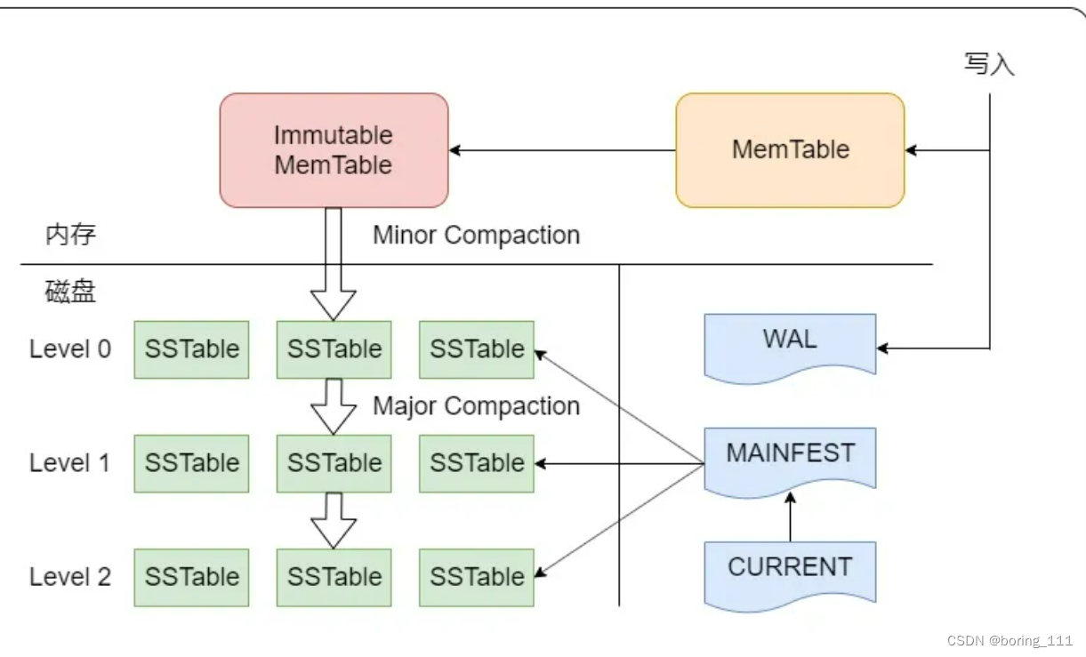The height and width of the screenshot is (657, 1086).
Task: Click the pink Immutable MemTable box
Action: [334, 150]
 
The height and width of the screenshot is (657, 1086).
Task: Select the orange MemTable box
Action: [790, 150]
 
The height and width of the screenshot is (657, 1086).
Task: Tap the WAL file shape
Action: [790, 345]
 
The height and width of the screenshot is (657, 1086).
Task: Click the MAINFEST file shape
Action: [790, 458]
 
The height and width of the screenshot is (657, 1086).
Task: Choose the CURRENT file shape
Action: [790, 572]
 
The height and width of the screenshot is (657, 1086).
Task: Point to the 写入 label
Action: [989, 64]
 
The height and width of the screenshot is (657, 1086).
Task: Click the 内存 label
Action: [70, 235]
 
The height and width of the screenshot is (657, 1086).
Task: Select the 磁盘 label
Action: [70, 292]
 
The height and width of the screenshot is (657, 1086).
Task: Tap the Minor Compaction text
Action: [476, 235]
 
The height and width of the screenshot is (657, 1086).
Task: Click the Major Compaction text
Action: [476, 406]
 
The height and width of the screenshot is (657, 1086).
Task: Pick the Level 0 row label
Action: [70, 349]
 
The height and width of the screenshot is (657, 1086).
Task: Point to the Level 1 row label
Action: [70, 462]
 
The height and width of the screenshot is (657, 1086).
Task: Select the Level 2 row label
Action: [70, 576]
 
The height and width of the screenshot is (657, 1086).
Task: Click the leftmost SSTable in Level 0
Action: [192, 349]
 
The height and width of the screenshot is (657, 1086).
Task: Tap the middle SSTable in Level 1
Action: [334, 463]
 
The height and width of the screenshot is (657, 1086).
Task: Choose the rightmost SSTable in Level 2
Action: [477, 577]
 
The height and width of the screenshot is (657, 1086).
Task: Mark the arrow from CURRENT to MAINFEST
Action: [790, 517]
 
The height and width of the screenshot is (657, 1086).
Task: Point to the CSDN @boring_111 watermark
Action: [1010, 640]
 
